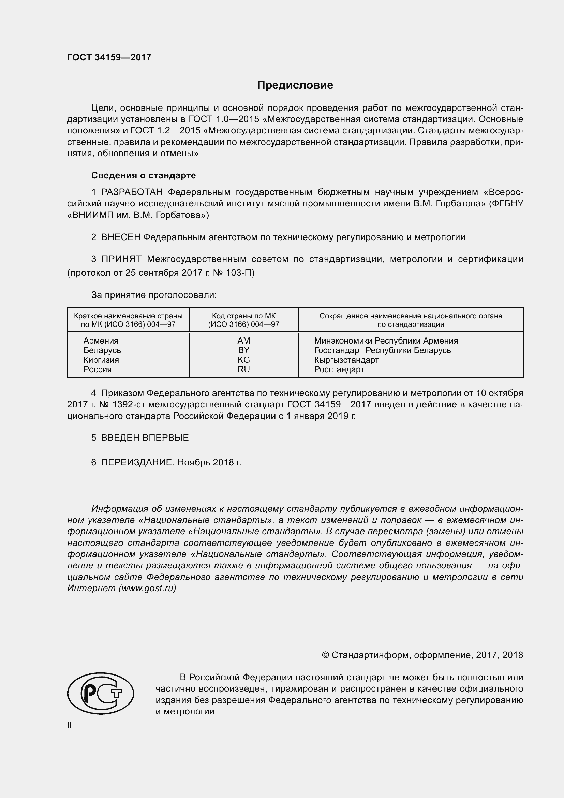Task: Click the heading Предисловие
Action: pos(295,85)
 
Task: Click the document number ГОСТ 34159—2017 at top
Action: pos(109,57)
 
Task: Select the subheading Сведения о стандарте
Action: pos(144,175)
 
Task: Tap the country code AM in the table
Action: pos(243,340)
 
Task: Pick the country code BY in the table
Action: pos(243,350)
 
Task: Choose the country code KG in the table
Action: pos(243,360)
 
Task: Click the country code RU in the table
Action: pos(243,369)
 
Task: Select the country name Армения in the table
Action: pos(101,340)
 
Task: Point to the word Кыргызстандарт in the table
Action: pos(346,360)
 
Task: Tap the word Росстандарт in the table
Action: pos(339,369)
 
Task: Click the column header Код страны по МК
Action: pos(243,316)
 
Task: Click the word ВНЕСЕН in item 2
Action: pos(120,237)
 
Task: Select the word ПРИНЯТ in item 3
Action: pos(121,259)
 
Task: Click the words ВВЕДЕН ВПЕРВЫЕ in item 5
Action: pos(145,438)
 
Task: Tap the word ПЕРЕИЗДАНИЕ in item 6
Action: pos(137,463)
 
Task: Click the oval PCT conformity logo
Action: pos(100,693)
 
